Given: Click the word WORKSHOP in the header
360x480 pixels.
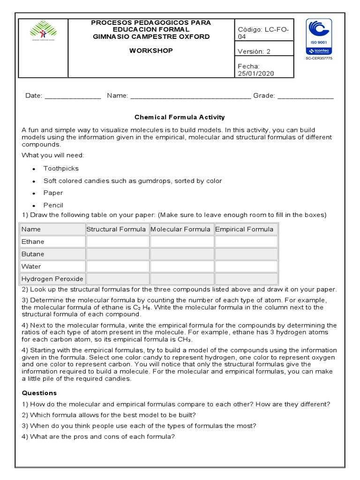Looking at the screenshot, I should click(x=151, y=51).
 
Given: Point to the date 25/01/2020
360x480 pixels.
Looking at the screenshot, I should click(x=256, y=74).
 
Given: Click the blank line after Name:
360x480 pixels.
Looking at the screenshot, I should click(x=190, y=97).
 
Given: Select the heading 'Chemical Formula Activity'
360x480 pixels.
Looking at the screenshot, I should click(x=180, y=117).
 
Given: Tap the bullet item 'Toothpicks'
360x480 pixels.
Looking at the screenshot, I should click(x=61, y=168).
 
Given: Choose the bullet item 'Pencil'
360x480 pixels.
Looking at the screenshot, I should click(x=53, y=205).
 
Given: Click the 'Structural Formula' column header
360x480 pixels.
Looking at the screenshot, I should click(x=116, y=229).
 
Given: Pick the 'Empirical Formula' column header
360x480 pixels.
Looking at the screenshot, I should click(x=244, y=229).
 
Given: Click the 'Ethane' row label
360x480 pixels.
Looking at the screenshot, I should click(x=33, y=242).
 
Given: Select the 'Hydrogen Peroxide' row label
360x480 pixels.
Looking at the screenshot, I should click(x=52, y=279).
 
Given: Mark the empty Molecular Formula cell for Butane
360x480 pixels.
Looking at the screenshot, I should click(x=181, y=254).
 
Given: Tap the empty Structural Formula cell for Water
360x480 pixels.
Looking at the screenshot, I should click(x=117, y=266).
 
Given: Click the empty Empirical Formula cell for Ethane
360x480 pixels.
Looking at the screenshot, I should click(x=246, y=242).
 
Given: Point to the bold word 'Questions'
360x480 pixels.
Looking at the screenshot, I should click(x=39, y=393).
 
